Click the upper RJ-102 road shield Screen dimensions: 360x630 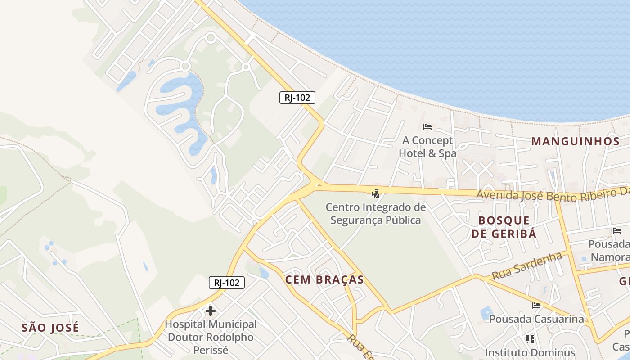297,98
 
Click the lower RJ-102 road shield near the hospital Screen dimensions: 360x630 227,283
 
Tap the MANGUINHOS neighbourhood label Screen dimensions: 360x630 576,141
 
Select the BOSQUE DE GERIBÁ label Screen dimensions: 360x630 504,227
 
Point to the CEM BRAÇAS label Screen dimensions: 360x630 324,279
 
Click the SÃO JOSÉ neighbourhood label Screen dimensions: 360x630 50,328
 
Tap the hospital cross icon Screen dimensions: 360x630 210,311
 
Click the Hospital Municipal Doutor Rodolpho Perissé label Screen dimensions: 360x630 211,337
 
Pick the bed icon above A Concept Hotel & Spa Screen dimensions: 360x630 427,127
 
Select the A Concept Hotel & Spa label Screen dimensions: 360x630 427,147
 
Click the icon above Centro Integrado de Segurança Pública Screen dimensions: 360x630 375,194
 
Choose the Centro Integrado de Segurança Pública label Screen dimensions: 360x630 376,214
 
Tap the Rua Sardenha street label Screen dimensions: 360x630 527,266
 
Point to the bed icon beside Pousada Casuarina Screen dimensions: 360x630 536,306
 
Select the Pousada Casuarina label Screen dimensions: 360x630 536,319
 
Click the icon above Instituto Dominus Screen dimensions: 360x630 530,339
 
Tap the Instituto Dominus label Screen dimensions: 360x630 530,352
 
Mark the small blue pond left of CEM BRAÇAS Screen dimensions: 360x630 264,273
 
